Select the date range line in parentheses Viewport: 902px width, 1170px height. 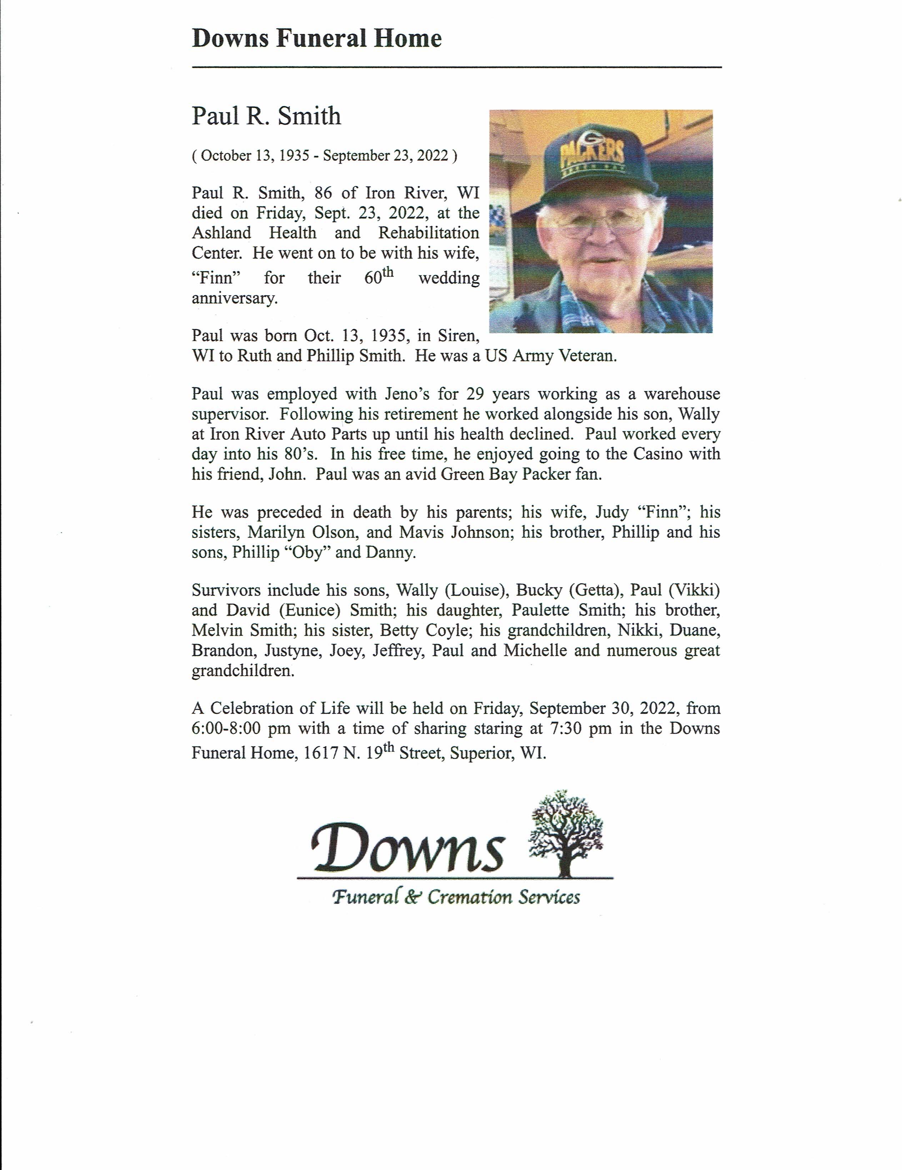[325, 156]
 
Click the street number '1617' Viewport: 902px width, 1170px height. [320, 753]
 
